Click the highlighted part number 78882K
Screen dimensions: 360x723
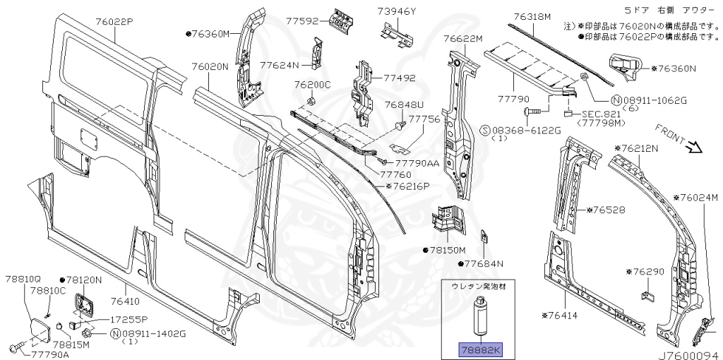pos(479,348)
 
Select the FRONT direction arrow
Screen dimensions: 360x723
pos(694,147)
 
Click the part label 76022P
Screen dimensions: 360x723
pos(114,22)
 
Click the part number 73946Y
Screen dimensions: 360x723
pos(396,11)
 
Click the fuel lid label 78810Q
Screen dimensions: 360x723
pos(24,280)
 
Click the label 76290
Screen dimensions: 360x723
pos(647,271)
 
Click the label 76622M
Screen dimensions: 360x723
pos(462,38)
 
